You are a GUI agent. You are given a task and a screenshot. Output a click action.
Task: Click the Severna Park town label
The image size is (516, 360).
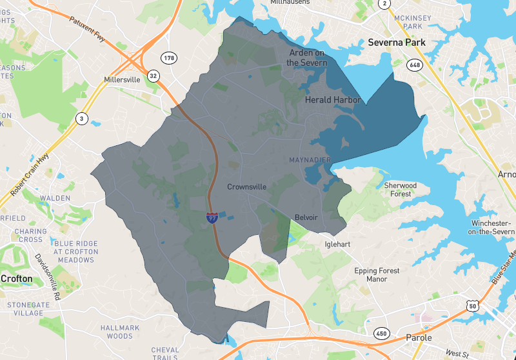point(397,43)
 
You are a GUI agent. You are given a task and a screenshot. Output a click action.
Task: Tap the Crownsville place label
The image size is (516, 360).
point(246,186)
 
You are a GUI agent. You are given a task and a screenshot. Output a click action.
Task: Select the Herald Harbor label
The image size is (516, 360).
point(333,100)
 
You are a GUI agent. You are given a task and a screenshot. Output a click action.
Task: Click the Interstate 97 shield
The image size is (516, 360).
point(212,218)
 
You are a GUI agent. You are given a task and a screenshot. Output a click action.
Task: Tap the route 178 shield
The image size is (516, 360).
point(169,58)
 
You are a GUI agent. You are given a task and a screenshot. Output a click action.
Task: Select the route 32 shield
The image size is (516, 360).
point(153,75)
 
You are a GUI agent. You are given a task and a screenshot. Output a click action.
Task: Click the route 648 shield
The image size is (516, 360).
point(413,65)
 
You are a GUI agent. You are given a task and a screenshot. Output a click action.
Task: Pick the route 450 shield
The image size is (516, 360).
point(382,333)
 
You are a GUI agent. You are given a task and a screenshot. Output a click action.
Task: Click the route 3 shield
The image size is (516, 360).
point(81,118)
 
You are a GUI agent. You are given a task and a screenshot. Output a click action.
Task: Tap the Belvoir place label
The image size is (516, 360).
point(306,217)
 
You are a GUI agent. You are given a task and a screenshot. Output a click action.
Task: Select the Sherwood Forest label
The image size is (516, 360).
point(401,190)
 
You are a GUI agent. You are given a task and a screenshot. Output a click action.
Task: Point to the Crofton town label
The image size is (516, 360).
point(16,279)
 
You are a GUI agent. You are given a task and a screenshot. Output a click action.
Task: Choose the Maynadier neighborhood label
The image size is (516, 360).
point(310,159)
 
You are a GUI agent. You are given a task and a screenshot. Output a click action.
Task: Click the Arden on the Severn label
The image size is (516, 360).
point(307,58)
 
